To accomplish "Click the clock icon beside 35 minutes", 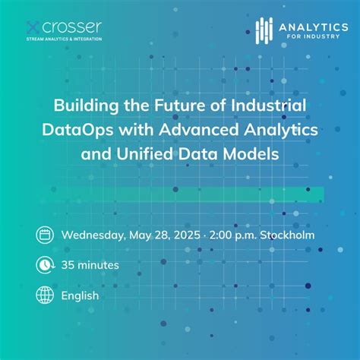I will point(45,265).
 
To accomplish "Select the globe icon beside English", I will point(45,295).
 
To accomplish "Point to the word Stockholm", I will point(288,235).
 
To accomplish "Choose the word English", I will point(81,295).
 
